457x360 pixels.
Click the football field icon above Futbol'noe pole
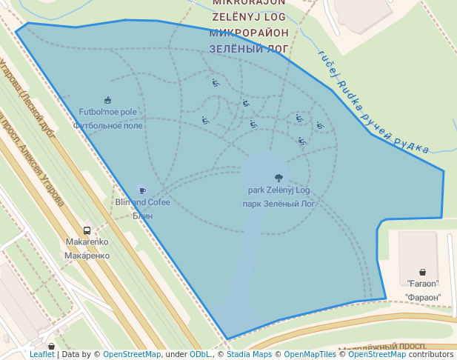tap(108, 100)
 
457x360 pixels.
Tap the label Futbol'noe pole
tap(108, 113)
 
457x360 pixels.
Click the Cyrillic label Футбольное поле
tap(108, 126)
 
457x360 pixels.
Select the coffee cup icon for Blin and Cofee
tap(141, 190)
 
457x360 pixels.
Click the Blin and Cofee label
tap(142, 202)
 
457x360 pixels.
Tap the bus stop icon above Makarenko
tap(87, 230)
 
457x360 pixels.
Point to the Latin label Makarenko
tap(87, 242)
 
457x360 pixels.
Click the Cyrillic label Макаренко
tap(87, 256)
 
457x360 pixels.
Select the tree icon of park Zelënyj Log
tap(278, 178)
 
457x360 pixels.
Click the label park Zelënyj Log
tap(278, 190)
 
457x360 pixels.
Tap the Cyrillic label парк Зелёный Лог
tap(278, 203)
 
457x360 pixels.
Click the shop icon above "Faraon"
tap(422, 272)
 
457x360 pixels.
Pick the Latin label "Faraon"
tap(423, 284)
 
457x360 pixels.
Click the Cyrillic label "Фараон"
tap(423, 297)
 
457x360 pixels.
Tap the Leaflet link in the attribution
tap(41, 354)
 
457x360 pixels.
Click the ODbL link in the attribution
tap(200, 354)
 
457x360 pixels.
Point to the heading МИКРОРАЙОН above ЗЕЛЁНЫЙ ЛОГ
tap(248, 33)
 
